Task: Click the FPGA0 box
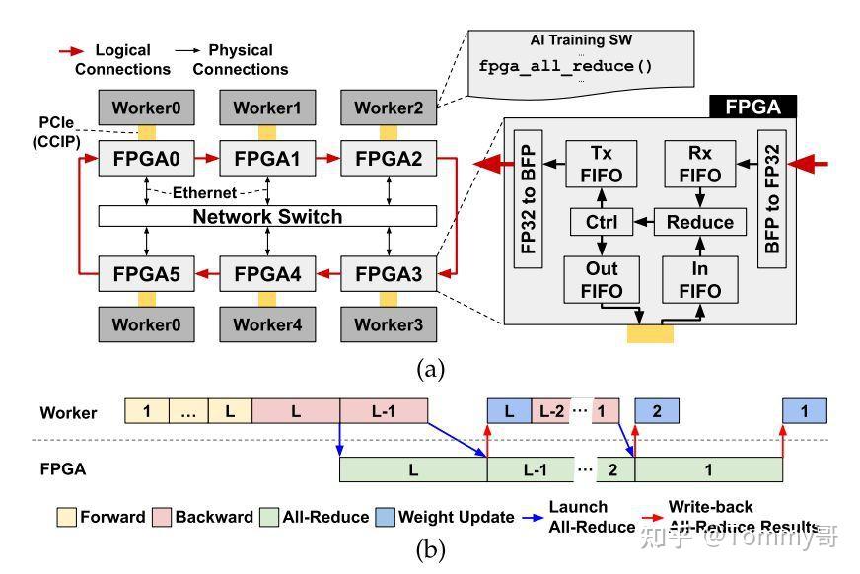[146, 158]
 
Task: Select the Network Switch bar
[267, 217]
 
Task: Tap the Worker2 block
[388, 107]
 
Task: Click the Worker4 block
[267, 324]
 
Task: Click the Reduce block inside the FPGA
[699, 222]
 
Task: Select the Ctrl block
[601, 222]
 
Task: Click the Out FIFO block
[601, 280]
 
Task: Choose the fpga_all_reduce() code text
[565, 67]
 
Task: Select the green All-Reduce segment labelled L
[412, 469]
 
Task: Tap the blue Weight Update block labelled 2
[657, 411]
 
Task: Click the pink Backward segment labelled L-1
[384, 411]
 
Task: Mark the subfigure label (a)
[431, 369]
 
